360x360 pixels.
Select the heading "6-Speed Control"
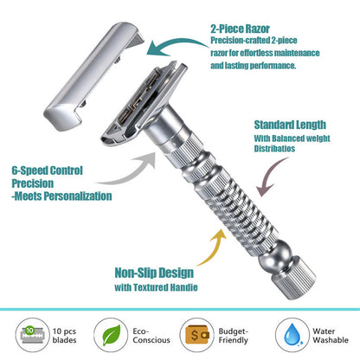tap(46, 170)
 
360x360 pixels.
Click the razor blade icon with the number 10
tap(29, 333)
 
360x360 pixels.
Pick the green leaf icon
tap(112, 334)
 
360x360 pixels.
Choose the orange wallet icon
tap(193, 334)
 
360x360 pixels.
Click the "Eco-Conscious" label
tap(150, 334)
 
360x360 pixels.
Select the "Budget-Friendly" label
tap(234, 334)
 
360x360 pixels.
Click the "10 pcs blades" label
tap(65, 334)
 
